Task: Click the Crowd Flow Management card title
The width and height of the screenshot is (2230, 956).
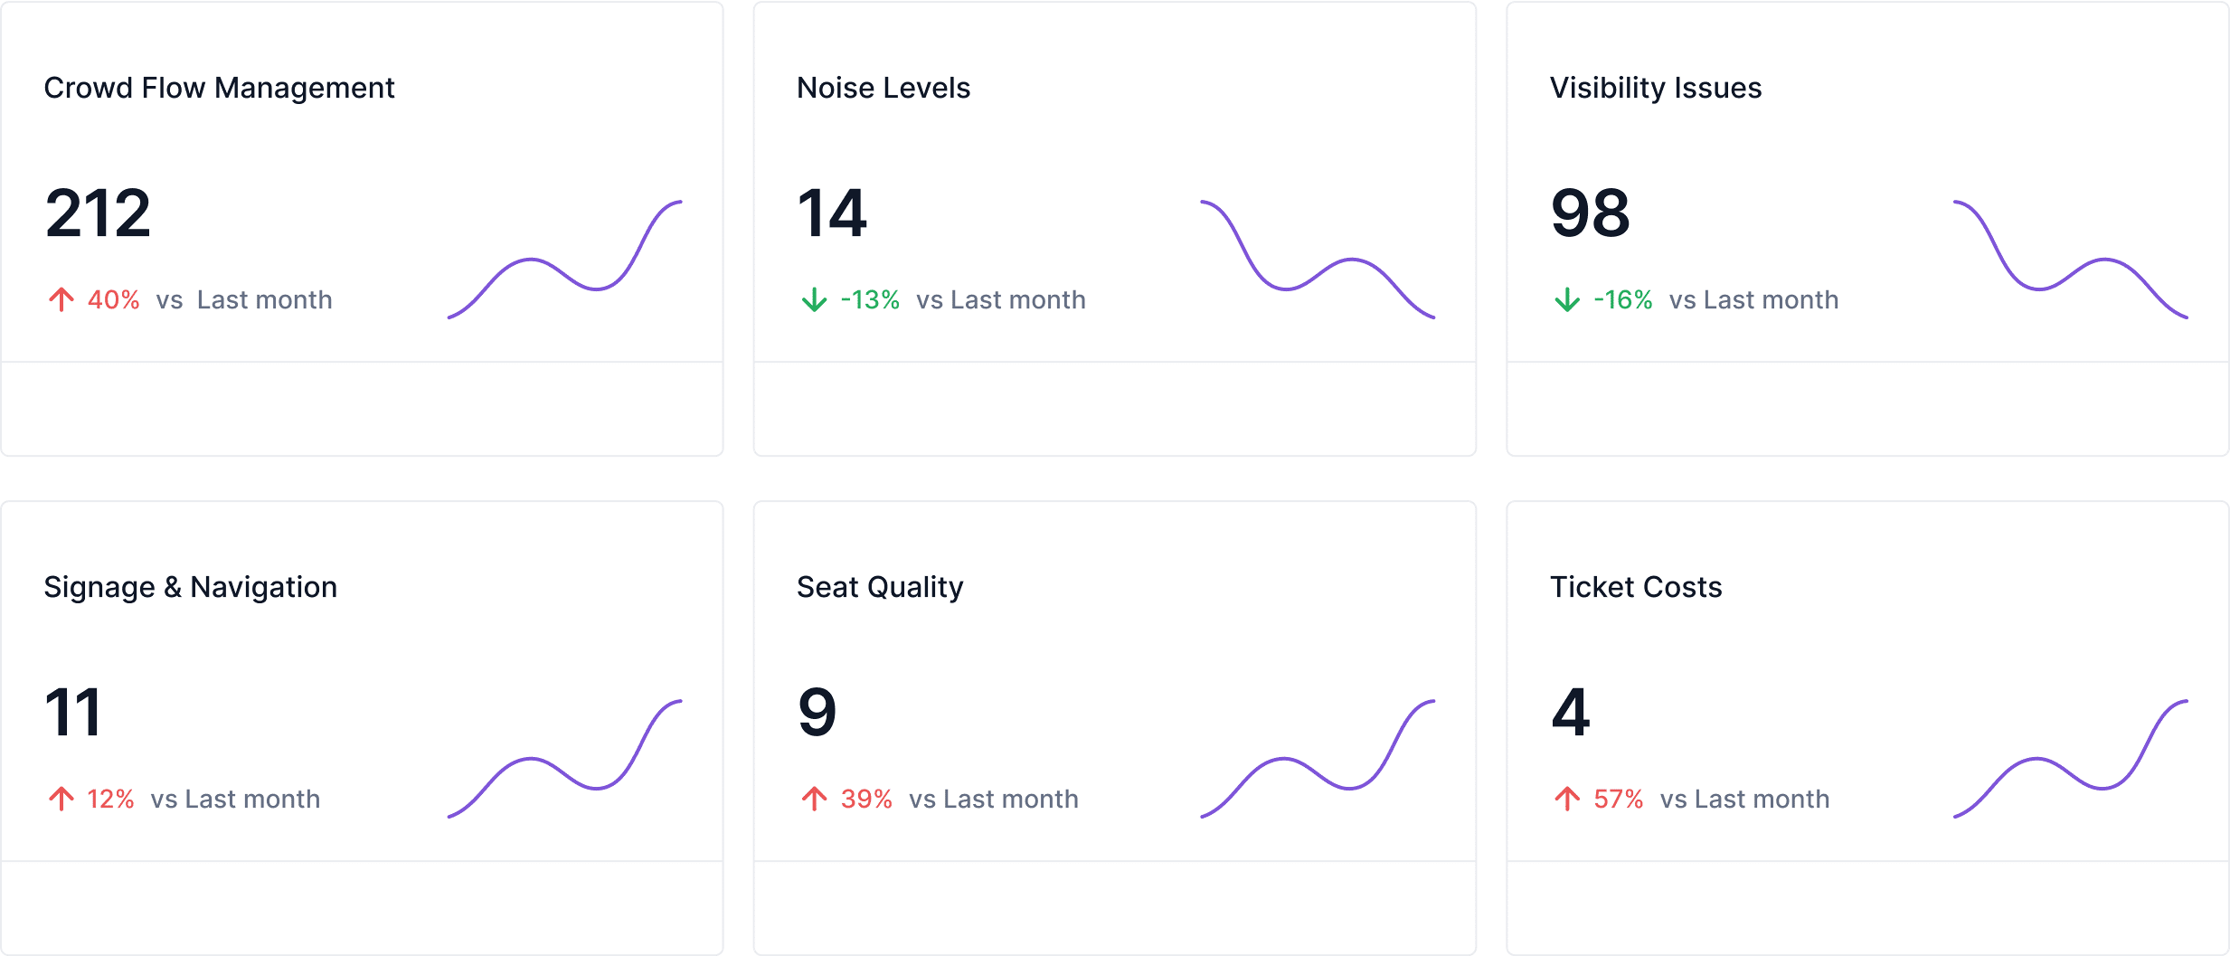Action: (x=219, y=88)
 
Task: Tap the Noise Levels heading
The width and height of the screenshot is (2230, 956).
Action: (x=883, y=88)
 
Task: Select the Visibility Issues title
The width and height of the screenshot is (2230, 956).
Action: (x=1655, y=88)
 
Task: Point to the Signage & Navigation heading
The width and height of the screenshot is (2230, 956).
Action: (x=190, y=587)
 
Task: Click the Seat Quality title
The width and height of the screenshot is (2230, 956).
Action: (x=879, y=587)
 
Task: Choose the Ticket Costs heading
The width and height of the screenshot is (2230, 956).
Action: (x=1635, y=587)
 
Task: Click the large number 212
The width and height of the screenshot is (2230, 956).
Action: (x=98, y=213)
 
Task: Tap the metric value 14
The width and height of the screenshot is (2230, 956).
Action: (x=831, y=213)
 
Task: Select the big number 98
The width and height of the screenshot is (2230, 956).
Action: (x=1590, y=213)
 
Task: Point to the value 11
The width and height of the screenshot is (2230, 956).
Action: (x=72, y=713)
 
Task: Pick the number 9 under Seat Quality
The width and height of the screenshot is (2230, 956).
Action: (x=817, y=713)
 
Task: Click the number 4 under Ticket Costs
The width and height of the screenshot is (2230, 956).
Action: (x=1570, y=713)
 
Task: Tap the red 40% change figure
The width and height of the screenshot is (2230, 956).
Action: (x=113, y=299)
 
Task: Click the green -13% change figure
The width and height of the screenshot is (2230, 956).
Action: (x=870, y=299)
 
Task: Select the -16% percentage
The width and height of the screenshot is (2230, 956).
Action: (x=1622, y=299)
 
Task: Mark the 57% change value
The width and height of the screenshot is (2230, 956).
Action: (x=1618, y=799)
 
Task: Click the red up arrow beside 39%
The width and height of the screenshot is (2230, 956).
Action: (x=814, y=799)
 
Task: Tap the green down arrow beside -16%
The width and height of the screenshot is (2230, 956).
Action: (x=1567, y=299)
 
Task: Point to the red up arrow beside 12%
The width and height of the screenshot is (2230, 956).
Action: (x=61, y=799)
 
